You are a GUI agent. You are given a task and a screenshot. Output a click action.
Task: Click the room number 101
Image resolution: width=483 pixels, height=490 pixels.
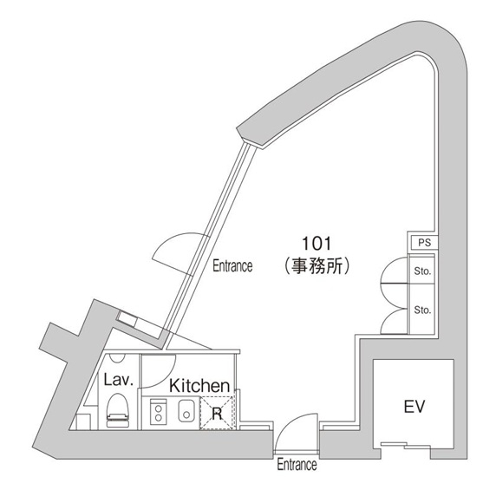point(317,244)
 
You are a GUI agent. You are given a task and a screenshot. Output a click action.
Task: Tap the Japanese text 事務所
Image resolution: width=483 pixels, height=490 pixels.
point(317,266)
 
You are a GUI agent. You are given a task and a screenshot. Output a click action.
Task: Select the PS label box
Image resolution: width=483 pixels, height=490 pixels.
point(424,243)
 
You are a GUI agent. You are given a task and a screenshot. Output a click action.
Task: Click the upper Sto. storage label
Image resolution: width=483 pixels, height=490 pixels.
point(422,271)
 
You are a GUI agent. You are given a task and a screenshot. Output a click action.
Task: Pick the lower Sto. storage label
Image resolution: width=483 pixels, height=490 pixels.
point(422,310)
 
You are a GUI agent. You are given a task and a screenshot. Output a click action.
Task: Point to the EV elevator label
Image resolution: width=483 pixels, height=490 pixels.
point(414,407)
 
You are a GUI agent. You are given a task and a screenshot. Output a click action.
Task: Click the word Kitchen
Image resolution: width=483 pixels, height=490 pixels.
point(199,386)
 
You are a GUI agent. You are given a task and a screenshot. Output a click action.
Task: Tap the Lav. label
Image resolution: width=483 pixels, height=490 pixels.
point(119,380)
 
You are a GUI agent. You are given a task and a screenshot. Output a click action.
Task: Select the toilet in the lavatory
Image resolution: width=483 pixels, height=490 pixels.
point(117,410)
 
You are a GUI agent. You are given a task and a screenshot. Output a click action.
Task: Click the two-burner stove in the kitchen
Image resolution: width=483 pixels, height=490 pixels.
point(159,413)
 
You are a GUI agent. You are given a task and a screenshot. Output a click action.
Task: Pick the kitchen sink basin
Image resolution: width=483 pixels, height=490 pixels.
point(186,411)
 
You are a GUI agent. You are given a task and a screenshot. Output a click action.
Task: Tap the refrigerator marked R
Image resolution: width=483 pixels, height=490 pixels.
point(217,413)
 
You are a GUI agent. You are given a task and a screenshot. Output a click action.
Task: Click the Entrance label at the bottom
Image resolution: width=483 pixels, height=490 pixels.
point(297,464)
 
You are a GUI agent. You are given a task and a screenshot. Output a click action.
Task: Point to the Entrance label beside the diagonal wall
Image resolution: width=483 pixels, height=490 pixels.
point(232,266)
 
